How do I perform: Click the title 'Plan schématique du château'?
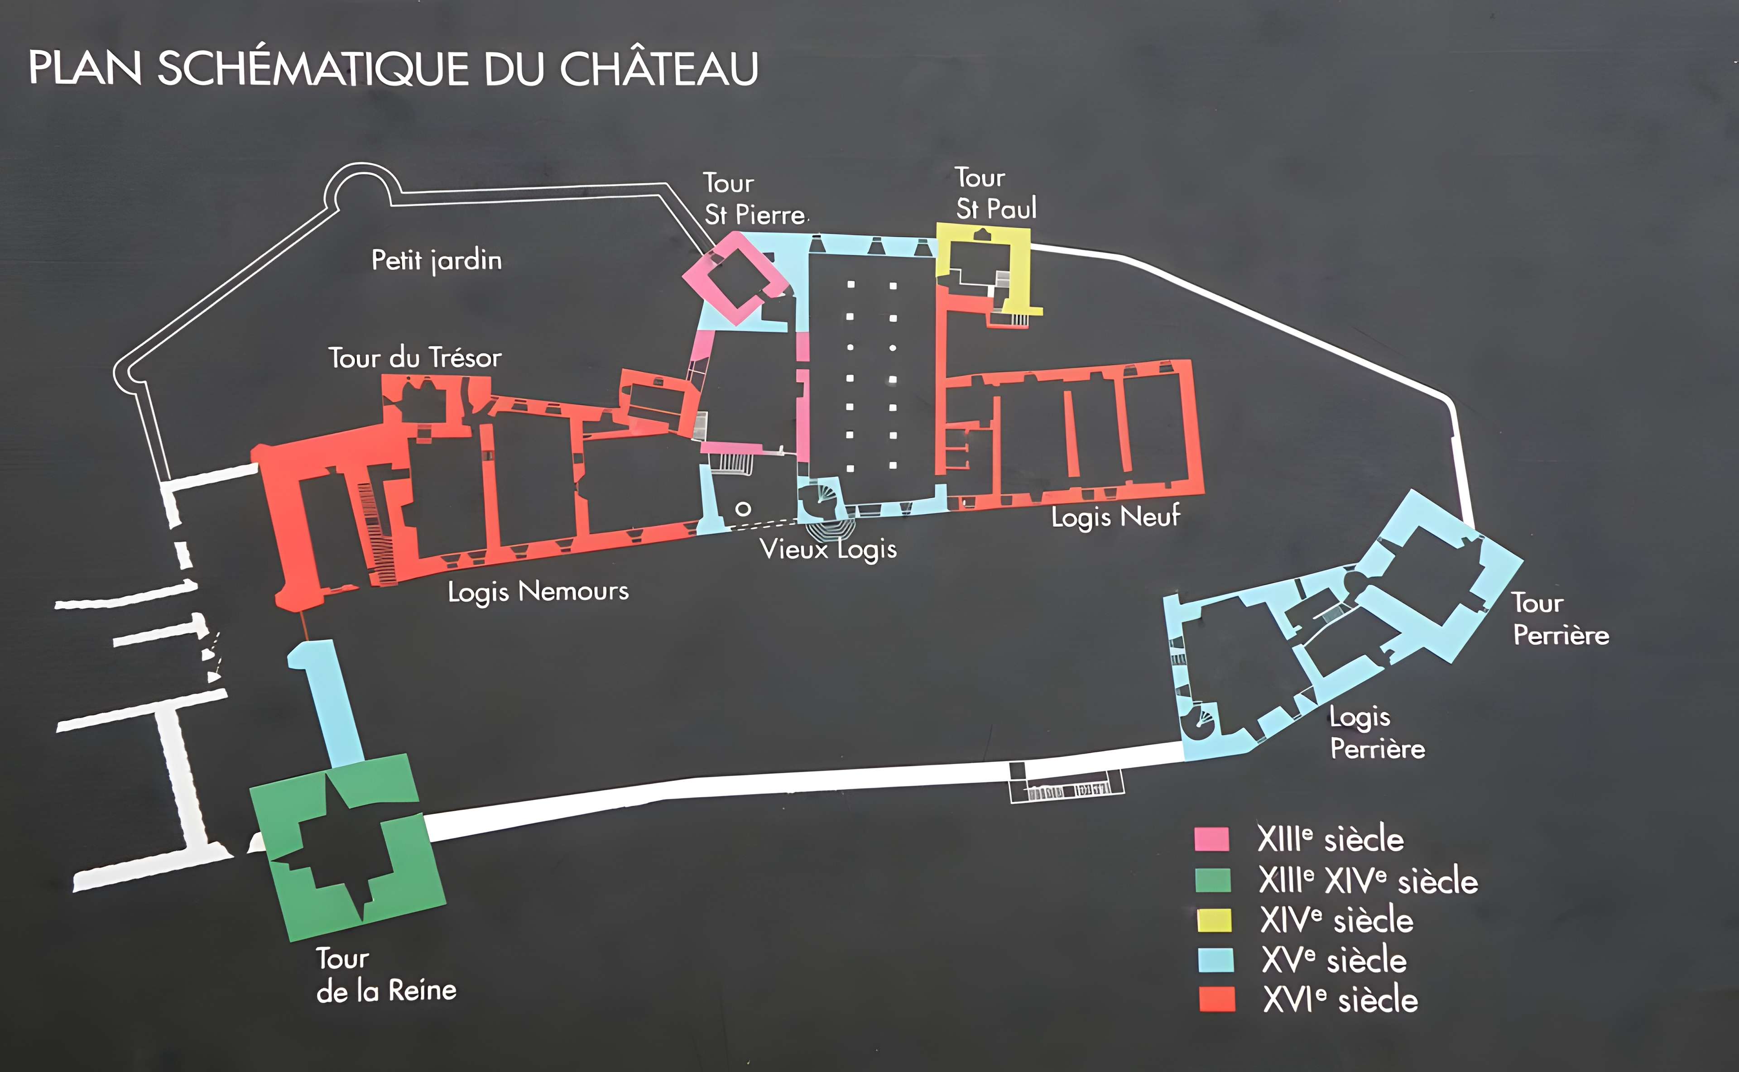pos(393,69)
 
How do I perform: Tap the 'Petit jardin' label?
pos(436,260)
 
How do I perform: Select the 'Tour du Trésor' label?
pos(415,357)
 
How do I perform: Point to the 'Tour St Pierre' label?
pos(754,199)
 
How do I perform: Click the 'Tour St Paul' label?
pos(995,194)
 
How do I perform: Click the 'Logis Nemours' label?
pos(538,591)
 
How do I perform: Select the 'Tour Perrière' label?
pos(1560,619)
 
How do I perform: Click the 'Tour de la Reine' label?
pos(386,975)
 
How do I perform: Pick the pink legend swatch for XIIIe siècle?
pos(1211,839)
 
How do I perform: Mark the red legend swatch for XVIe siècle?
pos(1216,1000)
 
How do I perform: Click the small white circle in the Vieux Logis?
pos(743,509)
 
